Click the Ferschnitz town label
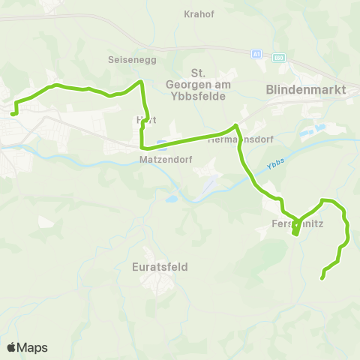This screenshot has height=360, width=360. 296,223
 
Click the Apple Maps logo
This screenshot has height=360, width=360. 27,347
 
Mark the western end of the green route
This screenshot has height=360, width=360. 13,114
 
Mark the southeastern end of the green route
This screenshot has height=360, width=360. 322,278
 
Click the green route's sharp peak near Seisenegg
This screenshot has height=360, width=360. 139,82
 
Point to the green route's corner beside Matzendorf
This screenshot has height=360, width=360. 142,147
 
